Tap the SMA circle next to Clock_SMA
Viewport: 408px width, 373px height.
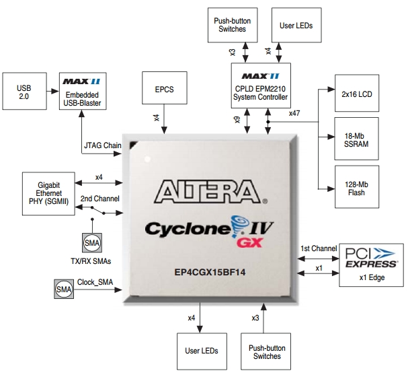point(63,290)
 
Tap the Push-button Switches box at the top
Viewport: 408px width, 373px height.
point(232,25)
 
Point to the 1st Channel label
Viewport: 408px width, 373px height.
point(318,248)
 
